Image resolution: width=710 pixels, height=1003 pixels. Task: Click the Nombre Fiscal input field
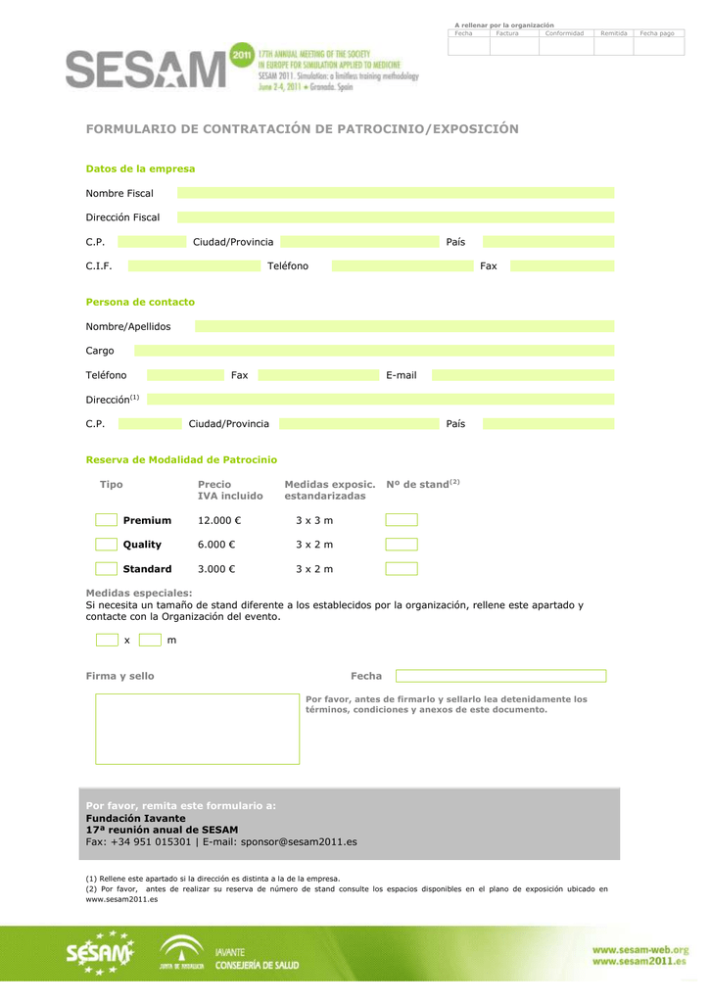(396, 193)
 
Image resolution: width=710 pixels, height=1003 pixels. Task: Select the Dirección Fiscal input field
(396, 217)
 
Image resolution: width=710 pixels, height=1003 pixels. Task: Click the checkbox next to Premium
(107, 520)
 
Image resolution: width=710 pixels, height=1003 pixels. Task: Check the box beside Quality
(107, 545)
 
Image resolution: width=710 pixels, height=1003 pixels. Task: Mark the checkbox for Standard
(107, 569)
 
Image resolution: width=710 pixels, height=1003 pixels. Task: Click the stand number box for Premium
(402, 520)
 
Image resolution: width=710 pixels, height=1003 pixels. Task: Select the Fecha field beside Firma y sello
(500, 676)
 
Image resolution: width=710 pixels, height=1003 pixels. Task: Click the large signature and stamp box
(198, 729)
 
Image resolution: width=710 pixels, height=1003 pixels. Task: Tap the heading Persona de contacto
(140, 302)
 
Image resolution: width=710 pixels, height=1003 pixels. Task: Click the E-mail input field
(523, 375)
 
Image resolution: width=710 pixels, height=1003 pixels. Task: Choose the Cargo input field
(374, 351)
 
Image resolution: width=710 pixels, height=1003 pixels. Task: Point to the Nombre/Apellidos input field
(404, 326)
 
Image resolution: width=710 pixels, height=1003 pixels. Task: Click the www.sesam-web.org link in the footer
(639, 949)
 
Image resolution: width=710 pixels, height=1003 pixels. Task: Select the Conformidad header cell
(564, 33)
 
